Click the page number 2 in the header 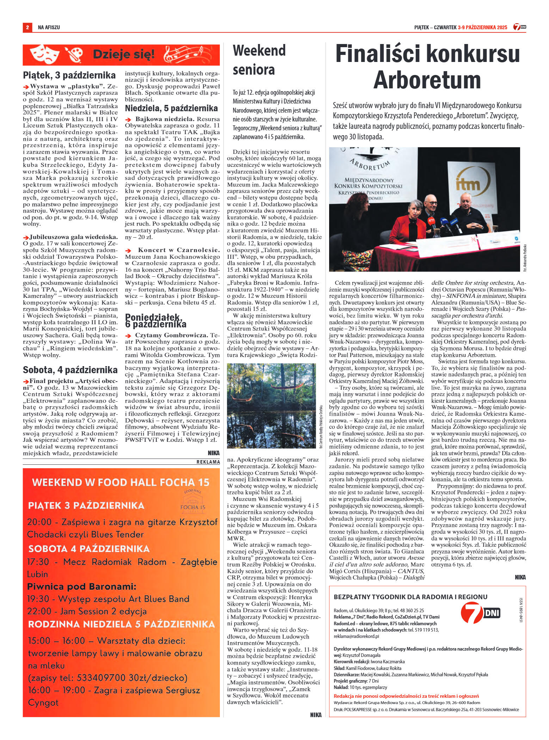click(x=26, y=27)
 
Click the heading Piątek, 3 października click(x=69, y=75)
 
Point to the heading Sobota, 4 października click(x=70, y=370)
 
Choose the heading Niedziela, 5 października click(x=171, y=108)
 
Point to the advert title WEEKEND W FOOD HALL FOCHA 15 click(x=121, y=482)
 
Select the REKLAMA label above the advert click(x=208, y=462)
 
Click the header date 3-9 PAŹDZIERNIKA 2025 click(x=482, y=27)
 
